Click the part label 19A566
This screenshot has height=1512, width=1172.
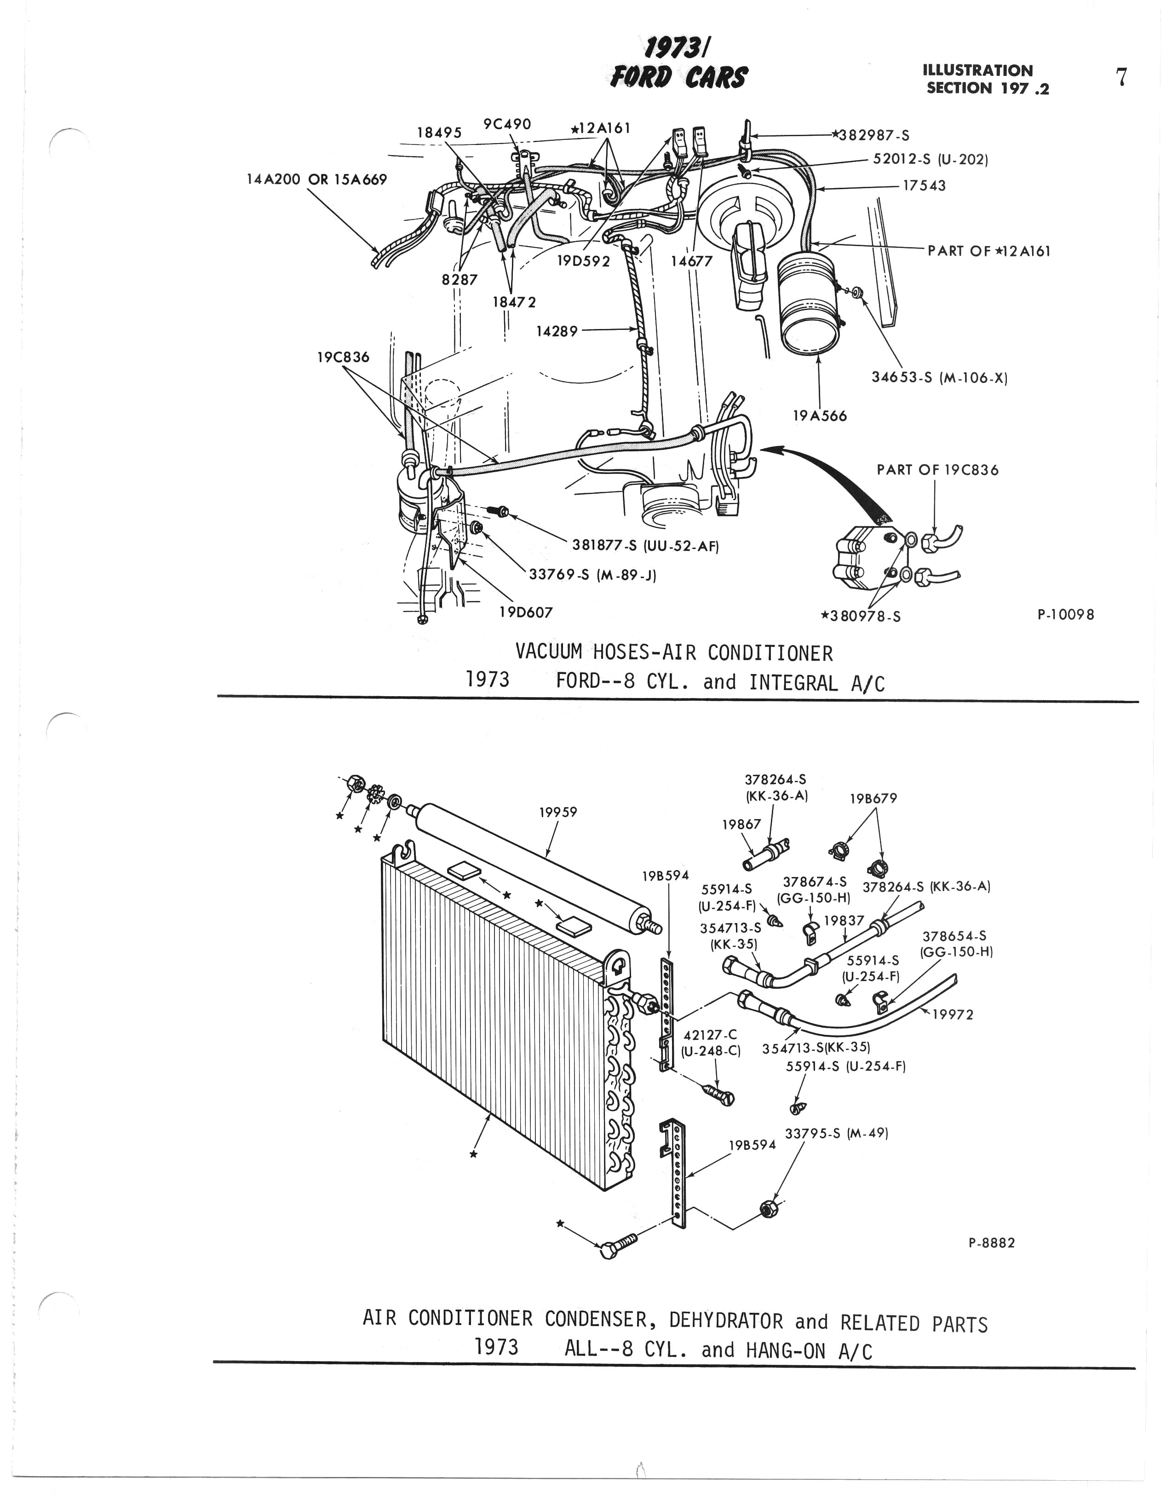(x=820, y=416)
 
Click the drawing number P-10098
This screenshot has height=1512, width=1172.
(x=1065, y=614)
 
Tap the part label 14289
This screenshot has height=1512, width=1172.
(x=557, y=331)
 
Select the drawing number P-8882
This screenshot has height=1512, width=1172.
(x=991, y=1243)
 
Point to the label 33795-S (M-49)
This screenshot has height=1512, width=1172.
(x=837, y=1133)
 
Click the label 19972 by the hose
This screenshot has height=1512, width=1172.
(x=953, y=1015)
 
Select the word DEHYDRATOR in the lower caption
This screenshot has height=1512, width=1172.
(x=726, y=1320)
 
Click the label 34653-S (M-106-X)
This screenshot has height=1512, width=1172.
(x=939, y=378)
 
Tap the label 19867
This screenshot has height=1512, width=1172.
(x=741, y=824)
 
